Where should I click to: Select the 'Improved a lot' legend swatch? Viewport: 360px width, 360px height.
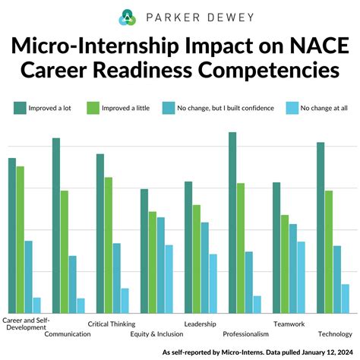click(x=17, y=108)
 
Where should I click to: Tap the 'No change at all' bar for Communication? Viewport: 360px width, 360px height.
click(x=81, y=305)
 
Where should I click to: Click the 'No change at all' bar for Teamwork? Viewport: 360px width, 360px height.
click(x=302, y=277)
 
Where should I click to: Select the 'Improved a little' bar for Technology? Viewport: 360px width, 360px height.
click(x=329, y=251)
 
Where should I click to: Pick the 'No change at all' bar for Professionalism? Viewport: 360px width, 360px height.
click(x=257, y=304)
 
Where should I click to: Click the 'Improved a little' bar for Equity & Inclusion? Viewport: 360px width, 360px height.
click(x=153, y=262)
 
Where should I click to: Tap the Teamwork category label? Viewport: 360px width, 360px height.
click(x=289, y=324)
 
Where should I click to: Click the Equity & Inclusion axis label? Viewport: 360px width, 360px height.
click(x=156, y=333)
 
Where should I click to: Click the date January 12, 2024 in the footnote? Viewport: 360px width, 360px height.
click(x=323, y=352)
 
